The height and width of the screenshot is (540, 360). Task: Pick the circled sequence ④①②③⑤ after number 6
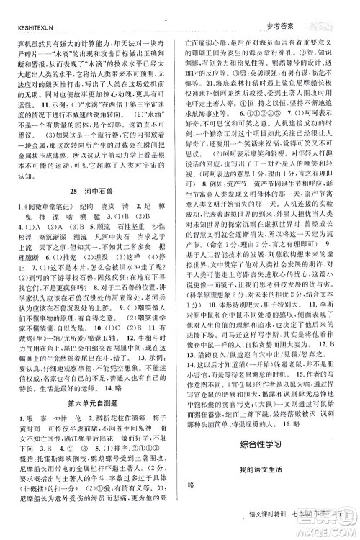pyautogui.click(x=258, y=114)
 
